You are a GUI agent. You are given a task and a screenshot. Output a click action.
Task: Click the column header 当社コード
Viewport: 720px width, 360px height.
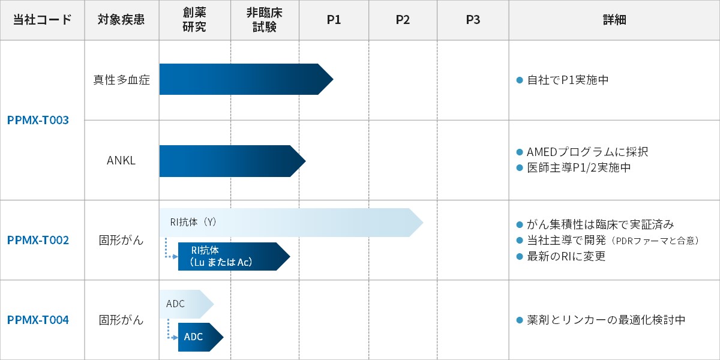tap(42, 20)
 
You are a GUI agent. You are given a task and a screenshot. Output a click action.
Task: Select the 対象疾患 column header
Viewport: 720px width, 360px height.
tap(121, 20)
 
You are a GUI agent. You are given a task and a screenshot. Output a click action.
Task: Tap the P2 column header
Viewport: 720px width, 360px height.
tap(403, 20)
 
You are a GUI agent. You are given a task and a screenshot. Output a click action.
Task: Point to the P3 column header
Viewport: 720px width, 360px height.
tap(473, 20)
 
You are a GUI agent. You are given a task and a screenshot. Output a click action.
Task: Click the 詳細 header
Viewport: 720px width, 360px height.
tap(614, 20)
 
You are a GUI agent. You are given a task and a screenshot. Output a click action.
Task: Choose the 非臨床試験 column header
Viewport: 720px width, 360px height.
tap(265, 20)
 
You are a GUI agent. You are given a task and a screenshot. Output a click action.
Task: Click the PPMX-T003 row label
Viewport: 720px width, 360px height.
tap(38, 120)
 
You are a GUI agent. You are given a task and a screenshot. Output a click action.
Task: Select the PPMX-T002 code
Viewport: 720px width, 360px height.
tap(38, 240)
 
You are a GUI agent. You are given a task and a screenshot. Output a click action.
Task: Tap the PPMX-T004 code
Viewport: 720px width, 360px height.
tap(38, 320)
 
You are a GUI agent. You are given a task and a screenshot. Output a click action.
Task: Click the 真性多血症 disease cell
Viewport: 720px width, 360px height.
tap(121, 80)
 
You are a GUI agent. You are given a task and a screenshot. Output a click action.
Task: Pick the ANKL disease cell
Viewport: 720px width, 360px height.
tap(121, 160)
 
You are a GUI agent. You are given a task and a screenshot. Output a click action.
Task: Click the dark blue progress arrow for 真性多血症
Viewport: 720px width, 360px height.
tap(246, 79)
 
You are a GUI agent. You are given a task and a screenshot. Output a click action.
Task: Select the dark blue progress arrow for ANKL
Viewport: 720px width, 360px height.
tap(232, 161)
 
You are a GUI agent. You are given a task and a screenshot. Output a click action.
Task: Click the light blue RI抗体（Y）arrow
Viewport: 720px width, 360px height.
tap(291, 223)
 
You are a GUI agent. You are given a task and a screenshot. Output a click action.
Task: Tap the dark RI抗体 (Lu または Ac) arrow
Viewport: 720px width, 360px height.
tap(234, 257)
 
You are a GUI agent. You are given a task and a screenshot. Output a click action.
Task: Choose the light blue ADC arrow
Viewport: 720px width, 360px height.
tap(187, 304)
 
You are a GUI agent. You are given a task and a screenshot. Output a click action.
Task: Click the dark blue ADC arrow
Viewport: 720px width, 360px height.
tap(200, 337)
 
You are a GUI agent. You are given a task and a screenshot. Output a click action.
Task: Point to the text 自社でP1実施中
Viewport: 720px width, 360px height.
tap(568, 80)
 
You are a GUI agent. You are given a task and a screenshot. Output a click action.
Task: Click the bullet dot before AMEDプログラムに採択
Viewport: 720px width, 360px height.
tap(520, 152)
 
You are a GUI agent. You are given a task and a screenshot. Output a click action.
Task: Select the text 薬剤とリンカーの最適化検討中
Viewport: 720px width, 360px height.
tap(606, 320)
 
